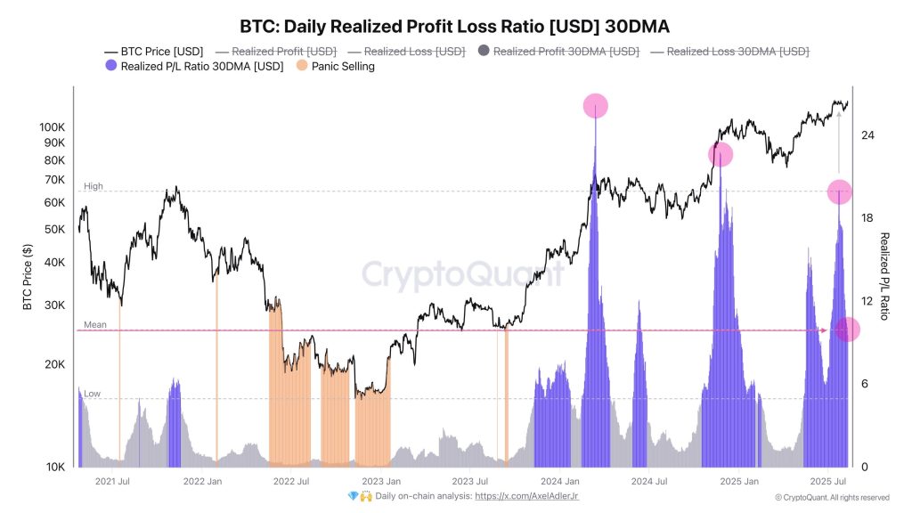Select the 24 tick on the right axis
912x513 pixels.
click(x=867, y=135)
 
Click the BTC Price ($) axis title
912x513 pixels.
click(x=27, y=277)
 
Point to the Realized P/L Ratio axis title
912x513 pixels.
click(x=884, y=276)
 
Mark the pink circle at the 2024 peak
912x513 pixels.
click(x=595, y=106)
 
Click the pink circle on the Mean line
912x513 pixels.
click(x=847, y=330)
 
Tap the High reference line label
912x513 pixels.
click(x=94, y=186)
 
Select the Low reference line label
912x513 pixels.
click(x=93, y=393)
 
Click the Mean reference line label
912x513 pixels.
click(x=95, y=325)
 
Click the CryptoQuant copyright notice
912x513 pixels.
click(x=831, y=498)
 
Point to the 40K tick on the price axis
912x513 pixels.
click(x=54, y=262)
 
